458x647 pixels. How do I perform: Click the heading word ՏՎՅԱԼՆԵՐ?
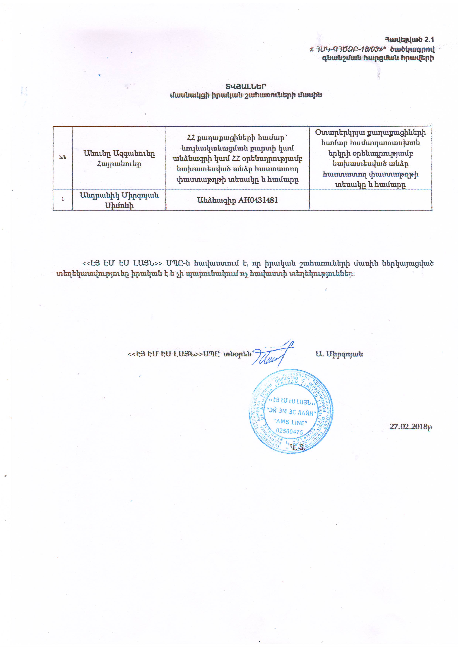[x=246, y=86]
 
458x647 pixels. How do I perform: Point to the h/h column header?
[x=63, y=157]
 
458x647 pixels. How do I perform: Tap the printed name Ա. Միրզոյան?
[x=339, y=354]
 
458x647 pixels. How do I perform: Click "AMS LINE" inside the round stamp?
[x=290, y=422]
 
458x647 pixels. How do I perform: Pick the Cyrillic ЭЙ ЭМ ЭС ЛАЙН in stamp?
[x=291, y=412]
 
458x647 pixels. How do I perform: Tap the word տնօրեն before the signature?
[x=237, y=354]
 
